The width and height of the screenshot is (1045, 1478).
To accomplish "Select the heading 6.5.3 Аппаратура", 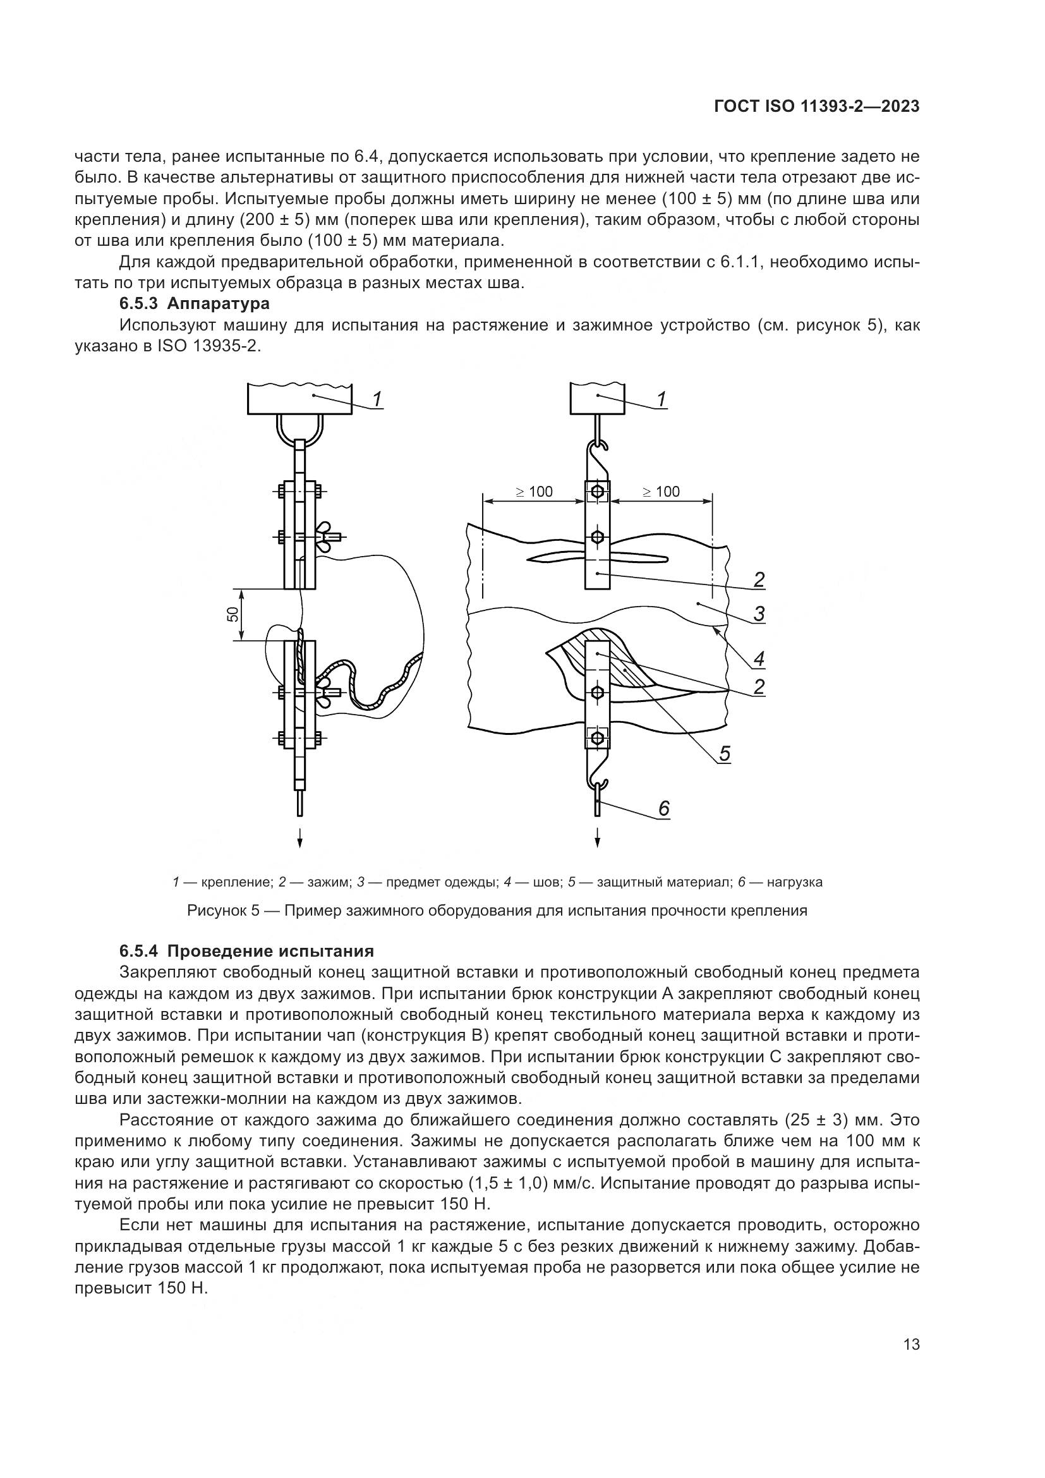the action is pyautogui.click(x=195, y=303).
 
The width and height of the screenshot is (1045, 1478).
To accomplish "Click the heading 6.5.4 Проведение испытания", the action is pyautogui.click(x=246, y=951).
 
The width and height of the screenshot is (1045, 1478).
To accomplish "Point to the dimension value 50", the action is pyautogui.click(x=233, y=614).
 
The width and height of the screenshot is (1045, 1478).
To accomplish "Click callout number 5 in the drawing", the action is pyautogui.click(x=725, y=753).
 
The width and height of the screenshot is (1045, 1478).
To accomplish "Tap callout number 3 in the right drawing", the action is pyautogui.click(x=759, y=614).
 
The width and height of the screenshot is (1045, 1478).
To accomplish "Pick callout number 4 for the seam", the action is pyautogui.click(x=759, y=658).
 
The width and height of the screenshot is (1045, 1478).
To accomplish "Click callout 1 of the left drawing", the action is pyautogui.click(x=378, y=399).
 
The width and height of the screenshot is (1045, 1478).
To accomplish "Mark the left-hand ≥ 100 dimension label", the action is pyautogui.click(x=535, y=492).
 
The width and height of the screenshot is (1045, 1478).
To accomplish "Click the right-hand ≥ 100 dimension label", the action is pyautogui.click(x=661, y=492).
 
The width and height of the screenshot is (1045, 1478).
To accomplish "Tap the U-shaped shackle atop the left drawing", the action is pyautogui.click(x=300, y=427).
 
